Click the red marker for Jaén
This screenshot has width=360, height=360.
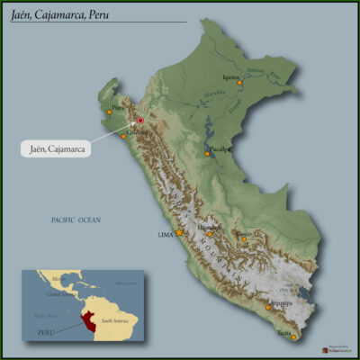tap(139, 120)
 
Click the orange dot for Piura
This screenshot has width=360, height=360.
tap(109, 112)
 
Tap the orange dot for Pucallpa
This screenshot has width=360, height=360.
tap(207, 154)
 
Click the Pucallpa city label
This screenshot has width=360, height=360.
tap(219, 148)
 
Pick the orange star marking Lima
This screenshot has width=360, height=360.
tap(179, 232)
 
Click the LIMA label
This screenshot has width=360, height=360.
tap(165, 234)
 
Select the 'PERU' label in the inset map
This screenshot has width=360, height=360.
tap(45, 331)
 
